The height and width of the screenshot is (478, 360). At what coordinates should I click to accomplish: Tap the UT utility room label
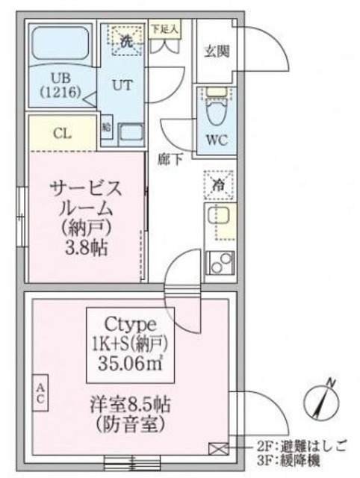tap(123, 84)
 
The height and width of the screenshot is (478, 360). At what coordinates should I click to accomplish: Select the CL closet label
tap(63, 134)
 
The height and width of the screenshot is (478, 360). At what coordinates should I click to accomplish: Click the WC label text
tap(217, 140)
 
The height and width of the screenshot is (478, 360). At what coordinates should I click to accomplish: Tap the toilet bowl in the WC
tap(217, 112)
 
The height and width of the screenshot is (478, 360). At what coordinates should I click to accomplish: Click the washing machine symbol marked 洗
tap(127, 41)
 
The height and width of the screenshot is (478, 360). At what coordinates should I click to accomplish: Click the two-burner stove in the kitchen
tap(219, 263)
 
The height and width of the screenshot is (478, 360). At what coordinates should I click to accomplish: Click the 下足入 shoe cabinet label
tap(164, 30)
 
